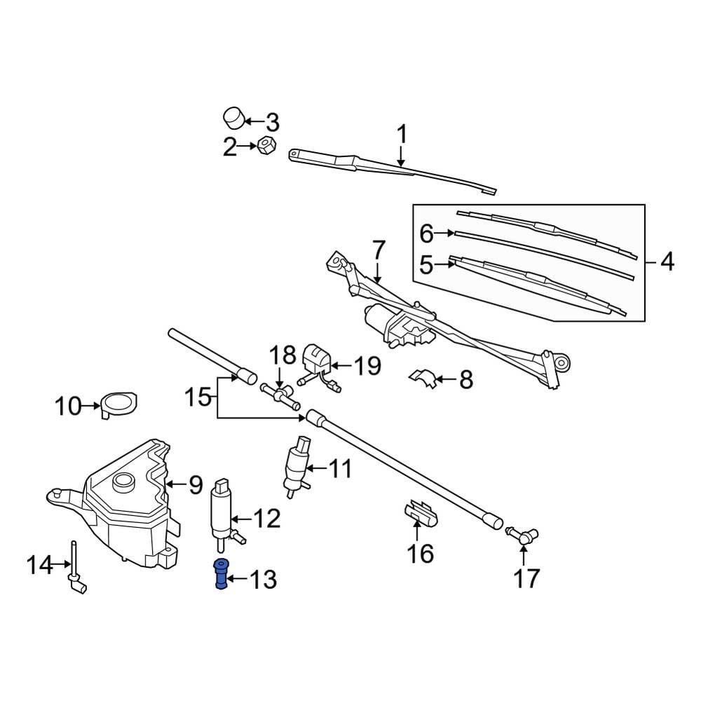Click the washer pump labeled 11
(297, 465)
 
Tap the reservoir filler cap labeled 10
(118, 404)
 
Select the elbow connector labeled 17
(522, 536)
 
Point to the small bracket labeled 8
(423, 378)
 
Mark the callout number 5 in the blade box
(426, 265)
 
